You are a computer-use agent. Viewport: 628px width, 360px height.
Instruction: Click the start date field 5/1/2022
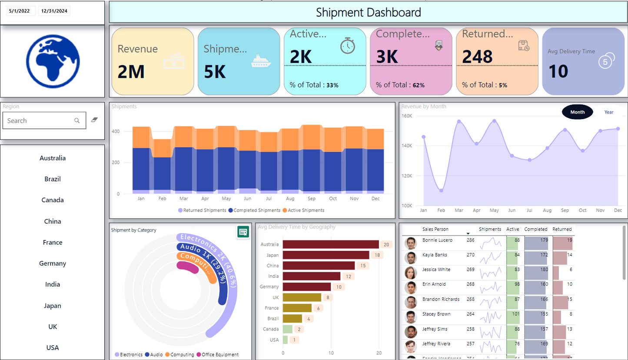point(20,11)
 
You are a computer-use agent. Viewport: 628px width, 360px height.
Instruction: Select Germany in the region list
point(53,263)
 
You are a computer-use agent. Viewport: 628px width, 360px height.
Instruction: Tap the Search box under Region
point(39,121)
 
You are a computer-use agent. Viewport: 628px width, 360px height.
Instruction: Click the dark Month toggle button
point(577,112)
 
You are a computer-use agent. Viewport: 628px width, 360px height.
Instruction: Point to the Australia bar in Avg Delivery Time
point(331,244)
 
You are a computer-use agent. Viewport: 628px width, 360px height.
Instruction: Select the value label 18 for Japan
point(377,255)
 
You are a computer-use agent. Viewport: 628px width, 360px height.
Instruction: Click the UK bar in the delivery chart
point(302,297)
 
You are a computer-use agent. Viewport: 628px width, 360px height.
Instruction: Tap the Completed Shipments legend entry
point(257,210)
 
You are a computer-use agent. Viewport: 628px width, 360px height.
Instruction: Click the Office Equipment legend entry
point(220,355)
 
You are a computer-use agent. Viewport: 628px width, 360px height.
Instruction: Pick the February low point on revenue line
point(441,190)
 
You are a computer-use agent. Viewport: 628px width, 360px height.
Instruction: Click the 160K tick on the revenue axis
point(407,116)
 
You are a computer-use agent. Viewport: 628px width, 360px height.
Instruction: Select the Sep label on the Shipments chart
point(311,199)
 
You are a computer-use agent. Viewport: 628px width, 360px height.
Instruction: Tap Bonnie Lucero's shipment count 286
point(470,240)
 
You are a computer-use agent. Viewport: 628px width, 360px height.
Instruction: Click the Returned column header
point(562,229)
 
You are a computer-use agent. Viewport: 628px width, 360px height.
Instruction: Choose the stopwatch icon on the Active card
point(348,46)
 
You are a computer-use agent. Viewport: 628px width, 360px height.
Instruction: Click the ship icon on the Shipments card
point(261,61)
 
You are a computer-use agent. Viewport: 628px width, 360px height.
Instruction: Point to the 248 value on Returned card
point(477,57)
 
